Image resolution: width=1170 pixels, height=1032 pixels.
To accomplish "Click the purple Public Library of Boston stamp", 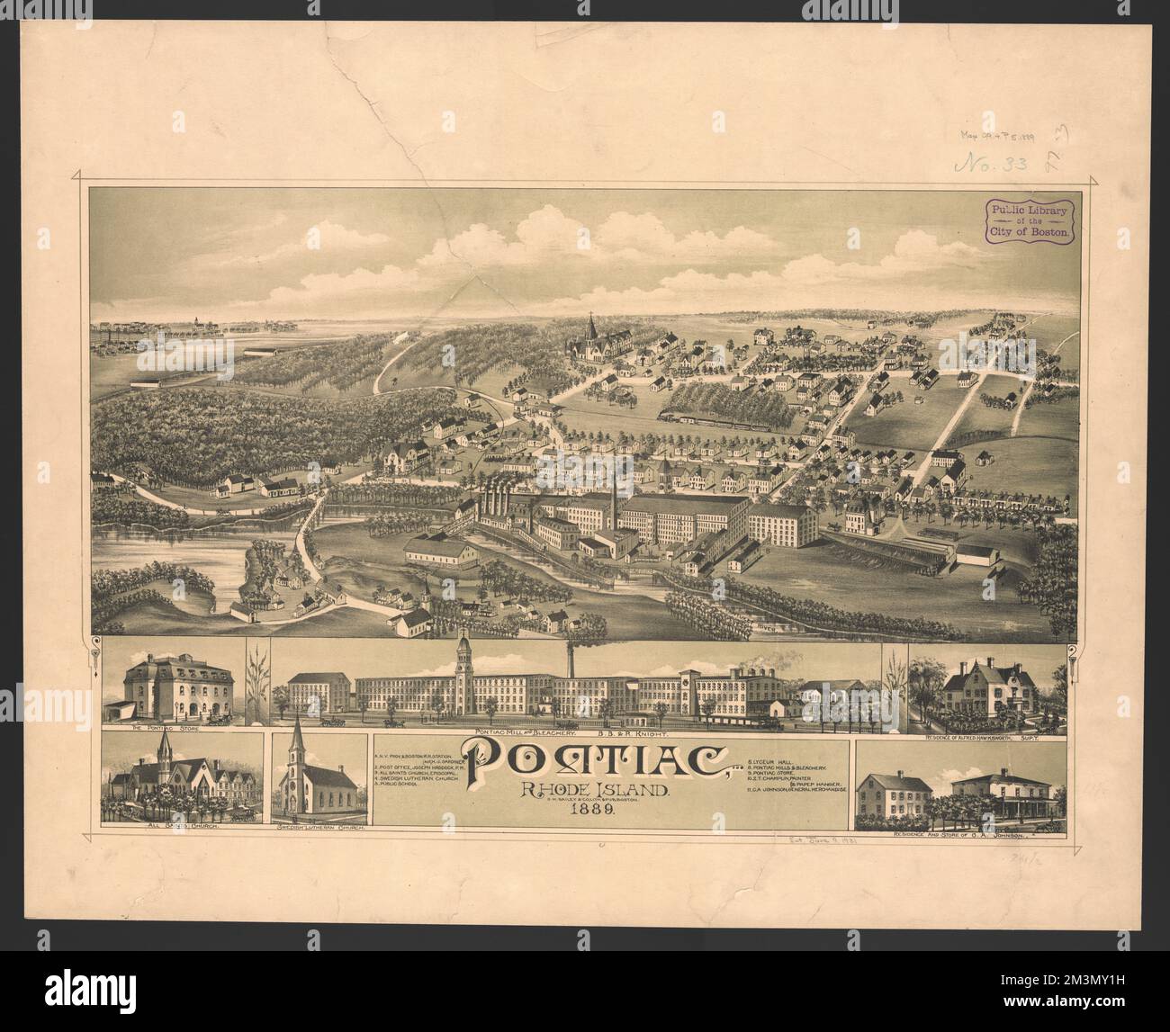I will (x=1032, y=220).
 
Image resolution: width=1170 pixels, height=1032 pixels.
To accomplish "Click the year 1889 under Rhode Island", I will (x=590, y=808).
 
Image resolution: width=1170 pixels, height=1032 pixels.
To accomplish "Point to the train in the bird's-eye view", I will (x=711, y=419).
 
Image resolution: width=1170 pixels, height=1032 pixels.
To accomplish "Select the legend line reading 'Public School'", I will (x=400, y=785).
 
